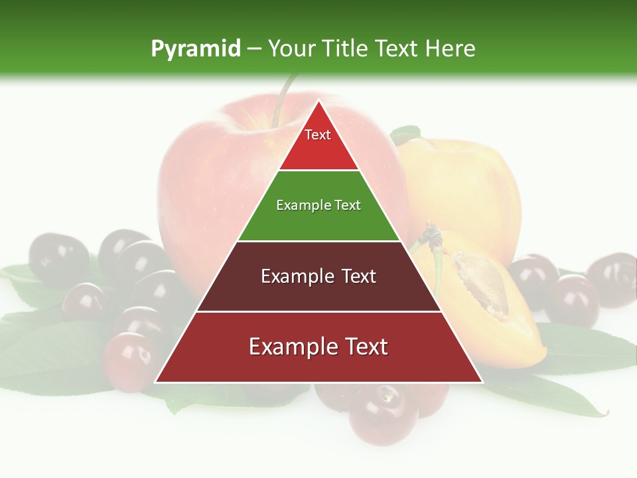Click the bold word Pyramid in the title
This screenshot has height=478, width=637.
[x=195, y=49]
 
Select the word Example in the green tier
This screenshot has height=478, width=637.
[x=297, y=206]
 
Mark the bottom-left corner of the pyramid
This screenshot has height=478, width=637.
[x=156, y=382]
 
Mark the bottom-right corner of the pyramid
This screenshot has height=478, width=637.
[x=482, y=382]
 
